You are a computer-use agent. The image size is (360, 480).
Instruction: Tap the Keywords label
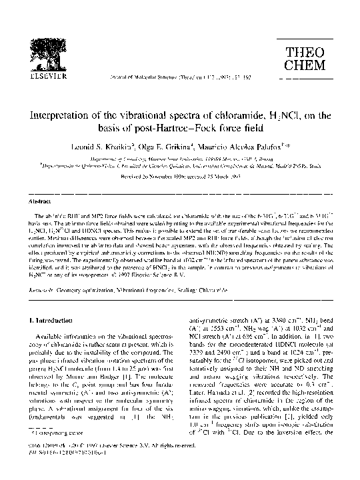point(35,273)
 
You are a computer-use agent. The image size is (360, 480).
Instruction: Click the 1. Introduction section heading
point(47,320)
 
